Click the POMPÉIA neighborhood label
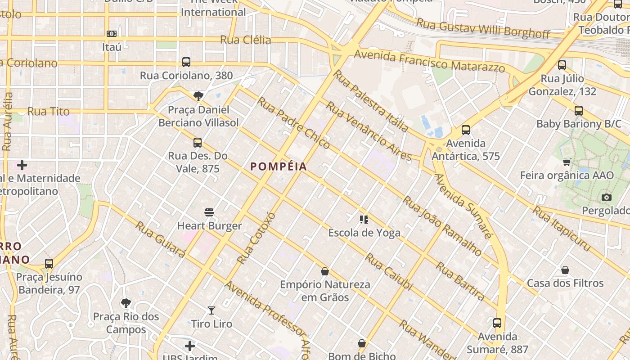pyautogui.click(x=279, y=166)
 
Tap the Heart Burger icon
pyautogui.click(x=209, y=212)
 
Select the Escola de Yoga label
pyautogui.click(x=364, y=233)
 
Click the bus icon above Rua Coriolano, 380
pyautogui.click(x=186, y=62)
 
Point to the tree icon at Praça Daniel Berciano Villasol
pyautogui.click(x=198, y=96)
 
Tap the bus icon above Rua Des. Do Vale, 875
pyautogui.click(x=197, y=143)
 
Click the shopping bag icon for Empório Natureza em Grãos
pyautogui.click(x=325, y=271)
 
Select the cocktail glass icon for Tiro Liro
pyautogui.click(x=211, y=310)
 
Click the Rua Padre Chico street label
pyautogui.click(x=293, y=123)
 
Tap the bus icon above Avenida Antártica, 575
pyautogui.click(x=466, y=130)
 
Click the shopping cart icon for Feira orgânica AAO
pyautogui.click(x=567, y=162)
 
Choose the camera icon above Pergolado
pyautogui.click(x=606, y=197)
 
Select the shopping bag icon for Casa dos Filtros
pyautogui.click(x=565, y=270)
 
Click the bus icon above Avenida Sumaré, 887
pyautogui.click(x=497, y=323)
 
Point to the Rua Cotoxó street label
pyautogui.click(x=255, y=238)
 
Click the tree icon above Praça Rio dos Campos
pyautogui.click(x=126, y=303)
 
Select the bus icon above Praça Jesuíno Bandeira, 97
pyautogui.click(x=49, y=264)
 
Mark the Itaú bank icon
pyautogui.click(x=112, y=34)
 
